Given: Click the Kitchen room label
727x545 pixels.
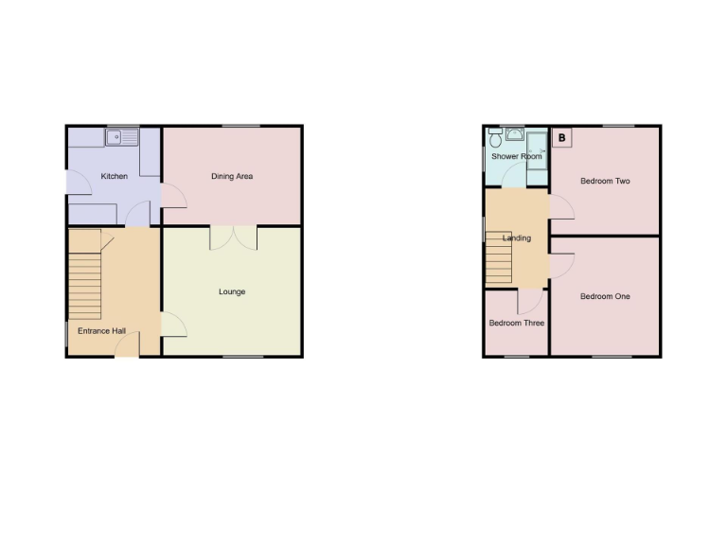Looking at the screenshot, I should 114,176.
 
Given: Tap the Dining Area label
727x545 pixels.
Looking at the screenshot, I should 232,176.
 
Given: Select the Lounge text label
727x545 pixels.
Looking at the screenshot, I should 232,291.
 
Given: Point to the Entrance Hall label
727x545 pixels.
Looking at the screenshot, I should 101,331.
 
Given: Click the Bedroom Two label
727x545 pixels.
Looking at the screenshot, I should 605,181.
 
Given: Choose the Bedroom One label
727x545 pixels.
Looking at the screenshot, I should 605,296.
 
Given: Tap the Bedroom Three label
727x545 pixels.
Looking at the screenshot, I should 516,323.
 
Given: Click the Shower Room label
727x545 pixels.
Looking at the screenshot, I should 516,156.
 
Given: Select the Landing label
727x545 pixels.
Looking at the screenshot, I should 516,237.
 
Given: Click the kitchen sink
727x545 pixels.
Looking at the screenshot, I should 123,138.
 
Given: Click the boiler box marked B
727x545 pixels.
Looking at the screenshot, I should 562,138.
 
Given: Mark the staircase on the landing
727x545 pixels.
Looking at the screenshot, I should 499,260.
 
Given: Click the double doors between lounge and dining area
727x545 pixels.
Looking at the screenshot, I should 233,237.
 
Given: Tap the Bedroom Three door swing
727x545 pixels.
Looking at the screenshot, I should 530,301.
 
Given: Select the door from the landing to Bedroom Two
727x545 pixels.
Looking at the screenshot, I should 560,207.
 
